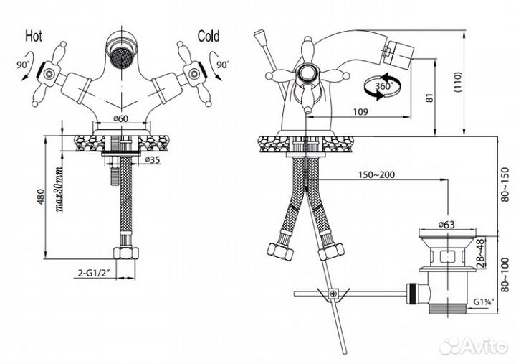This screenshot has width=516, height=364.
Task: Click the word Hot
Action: [34, 36]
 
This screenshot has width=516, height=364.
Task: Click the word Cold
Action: [209, 37]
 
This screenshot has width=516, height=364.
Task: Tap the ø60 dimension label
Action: [121, 118]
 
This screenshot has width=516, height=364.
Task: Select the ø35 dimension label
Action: [153, 160]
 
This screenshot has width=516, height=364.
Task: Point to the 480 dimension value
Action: [40, 197]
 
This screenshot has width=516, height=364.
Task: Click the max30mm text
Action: [59, 190]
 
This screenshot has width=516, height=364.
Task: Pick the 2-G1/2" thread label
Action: [93, 274]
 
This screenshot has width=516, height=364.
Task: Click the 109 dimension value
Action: [360, 112]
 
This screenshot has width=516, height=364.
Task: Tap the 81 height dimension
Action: [430, 98]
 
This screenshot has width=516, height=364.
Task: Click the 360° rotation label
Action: [383, 86]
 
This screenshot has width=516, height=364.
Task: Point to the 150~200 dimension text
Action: [376, 174]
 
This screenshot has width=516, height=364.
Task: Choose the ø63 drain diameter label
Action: [446, 225]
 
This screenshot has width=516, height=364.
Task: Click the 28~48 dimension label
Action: [481, 253]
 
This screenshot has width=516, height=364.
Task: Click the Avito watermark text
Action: [484, 347]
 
